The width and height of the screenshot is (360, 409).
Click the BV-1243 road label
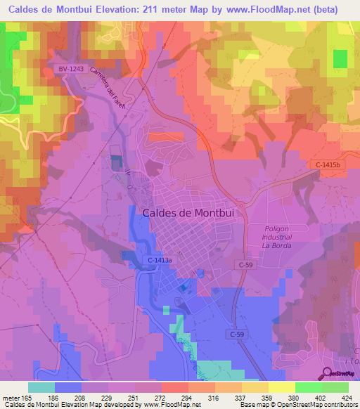70,68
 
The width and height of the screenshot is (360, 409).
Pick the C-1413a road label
160,260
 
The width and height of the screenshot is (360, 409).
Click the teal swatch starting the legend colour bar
41,387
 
